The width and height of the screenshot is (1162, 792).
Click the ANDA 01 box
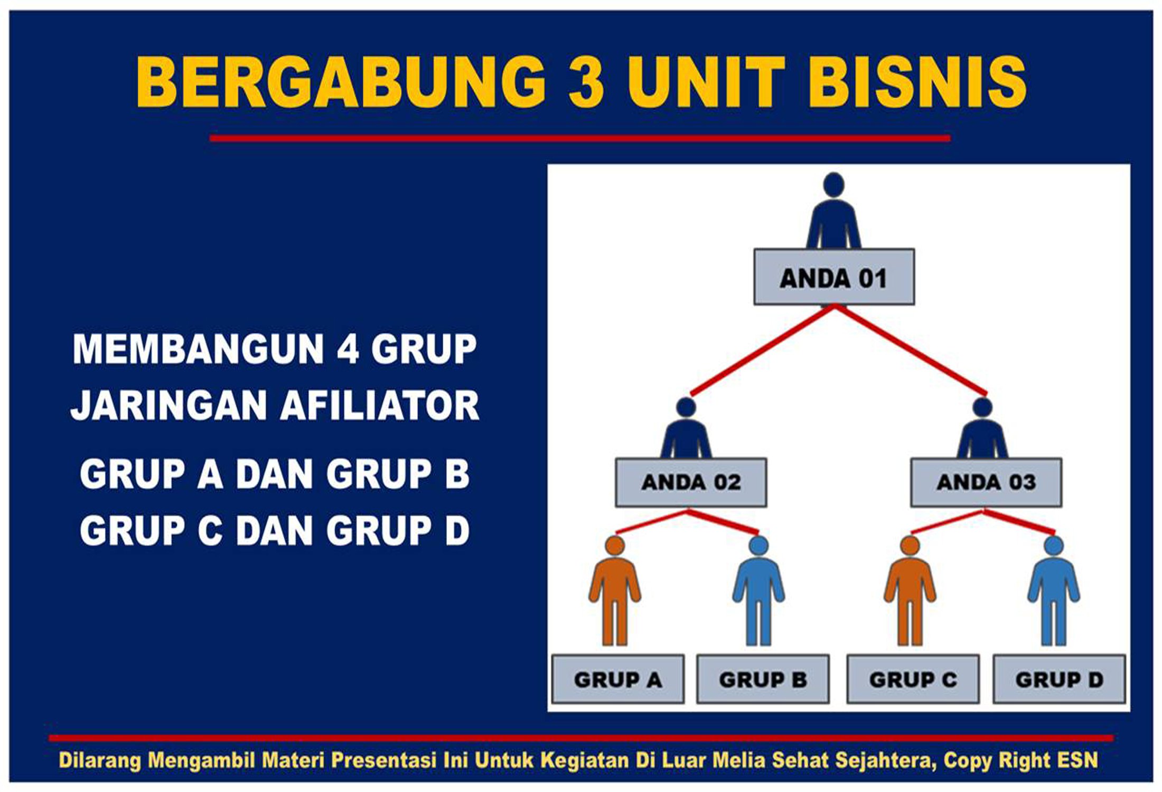pos(833,277)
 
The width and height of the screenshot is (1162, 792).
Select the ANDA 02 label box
pos(691,483)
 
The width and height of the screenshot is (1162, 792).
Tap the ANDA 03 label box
pos(986,483)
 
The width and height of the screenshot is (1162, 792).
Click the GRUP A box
pos(617,680)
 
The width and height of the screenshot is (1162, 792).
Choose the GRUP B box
pos(763,680)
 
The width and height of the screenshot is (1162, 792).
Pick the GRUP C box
pos(913,680)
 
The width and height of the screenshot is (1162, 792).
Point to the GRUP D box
pos(1059,680)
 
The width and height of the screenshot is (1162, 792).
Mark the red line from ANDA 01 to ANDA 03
pos(910,351)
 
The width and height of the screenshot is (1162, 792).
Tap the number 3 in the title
pos(586,83)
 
